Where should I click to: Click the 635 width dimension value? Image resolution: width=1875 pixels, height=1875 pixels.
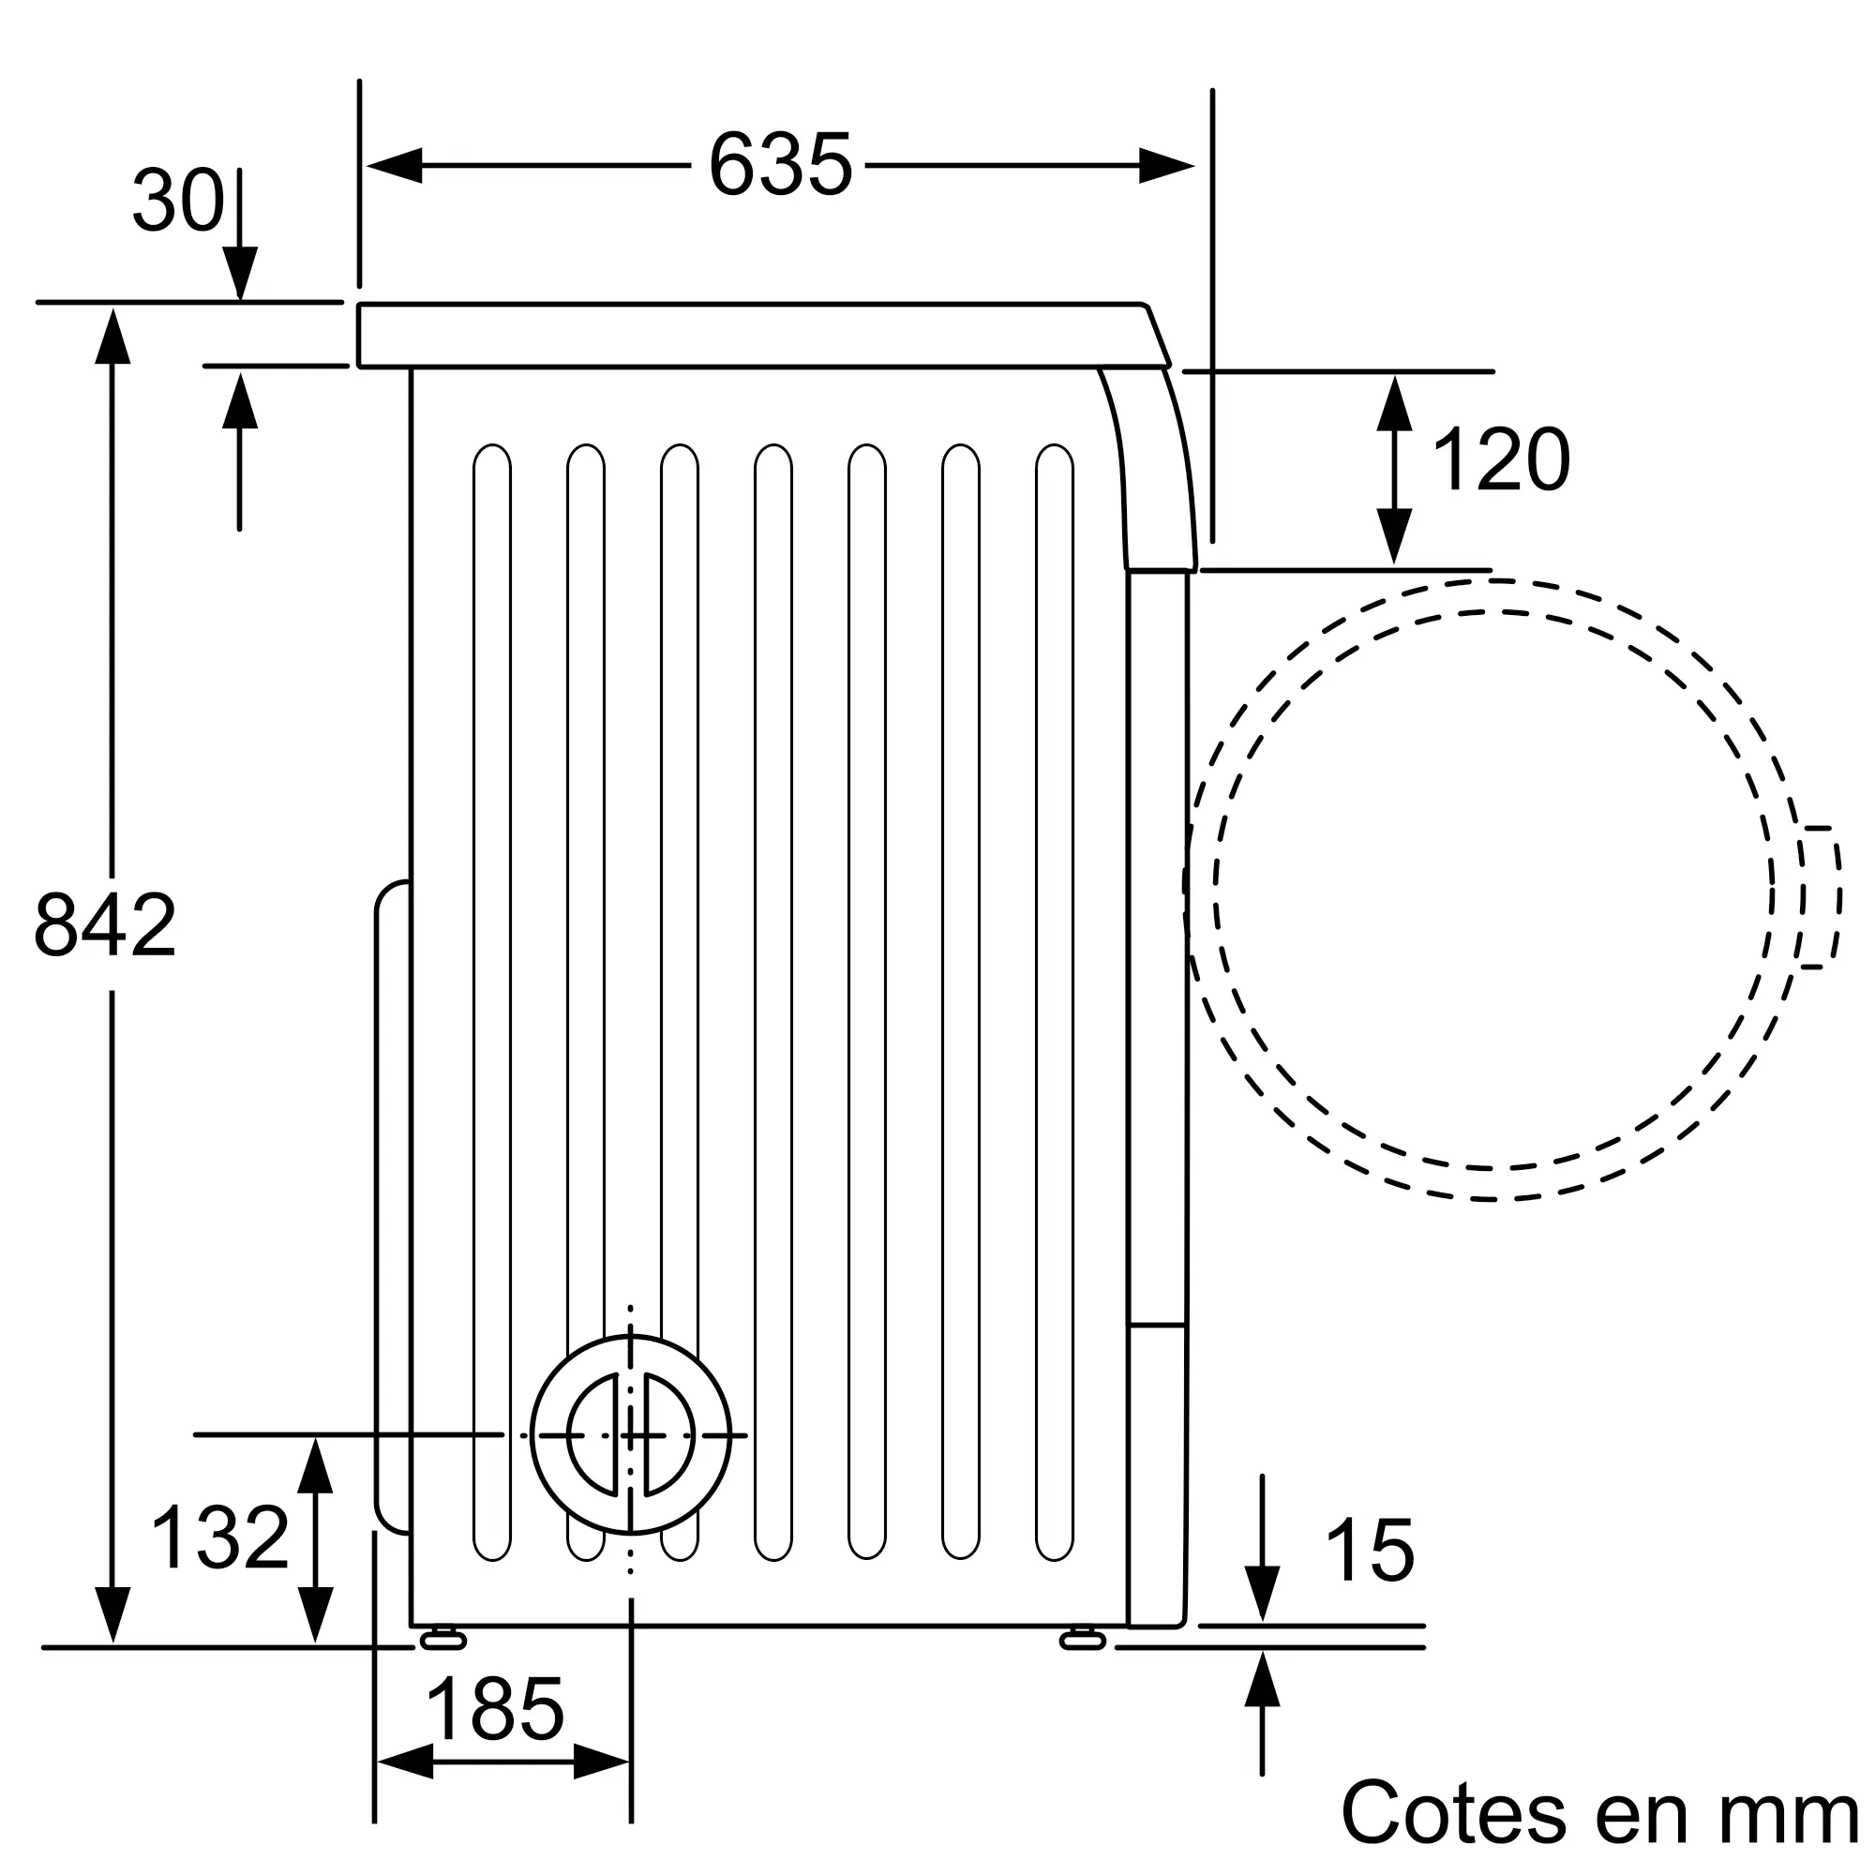780,165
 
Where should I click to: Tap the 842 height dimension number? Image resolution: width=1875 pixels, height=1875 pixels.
105,926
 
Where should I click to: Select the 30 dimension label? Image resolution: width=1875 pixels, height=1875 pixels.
178,201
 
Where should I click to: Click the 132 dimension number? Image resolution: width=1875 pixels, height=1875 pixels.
220,1537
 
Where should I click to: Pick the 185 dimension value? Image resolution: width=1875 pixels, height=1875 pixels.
495,1710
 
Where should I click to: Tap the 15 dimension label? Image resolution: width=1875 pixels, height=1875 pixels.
1370,1551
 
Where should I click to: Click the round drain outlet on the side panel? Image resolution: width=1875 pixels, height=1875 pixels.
631,1434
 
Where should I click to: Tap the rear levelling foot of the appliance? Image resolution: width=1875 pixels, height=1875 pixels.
442,1639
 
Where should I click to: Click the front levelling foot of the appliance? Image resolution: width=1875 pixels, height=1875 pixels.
1083,1639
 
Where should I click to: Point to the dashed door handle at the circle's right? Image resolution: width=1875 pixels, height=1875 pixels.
1822,897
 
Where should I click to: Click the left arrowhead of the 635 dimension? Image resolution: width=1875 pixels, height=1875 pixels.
394,165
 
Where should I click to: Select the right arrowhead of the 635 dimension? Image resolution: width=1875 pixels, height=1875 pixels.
1166,165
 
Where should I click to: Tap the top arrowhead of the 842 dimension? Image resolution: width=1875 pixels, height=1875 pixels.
112,336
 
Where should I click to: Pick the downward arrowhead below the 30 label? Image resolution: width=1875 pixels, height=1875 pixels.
240,274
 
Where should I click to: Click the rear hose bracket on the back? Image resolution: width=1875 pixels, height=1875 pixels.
392,1207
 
